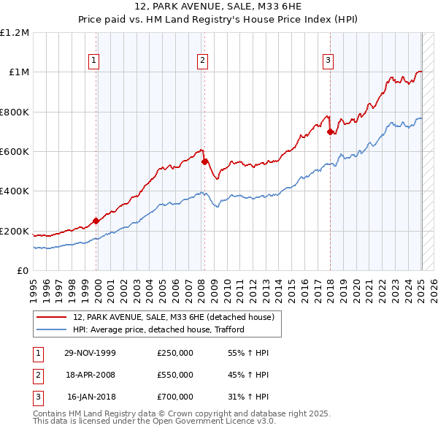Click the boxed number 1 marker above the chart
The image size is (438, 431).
[95, 61]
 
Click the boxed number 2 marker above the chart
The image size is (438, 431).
[202, 61]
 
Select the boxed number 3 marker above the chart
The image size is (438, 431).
[328, 61]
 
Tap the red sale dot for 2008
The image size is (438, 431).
[204, 161]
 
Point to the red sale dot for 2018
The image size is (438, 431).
[330, 132]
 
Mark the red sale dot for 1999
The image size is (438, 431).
[96, 221]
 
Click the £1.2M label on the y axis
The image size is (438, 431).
[15, 33]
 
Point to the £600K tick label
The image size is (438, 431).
[15, 152]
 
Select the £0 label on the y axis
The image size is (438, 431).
[23, 271]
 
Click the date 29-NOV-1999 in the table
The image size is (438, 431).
[91, 353]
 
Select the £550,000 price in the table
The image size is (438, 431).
[175, 375]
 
